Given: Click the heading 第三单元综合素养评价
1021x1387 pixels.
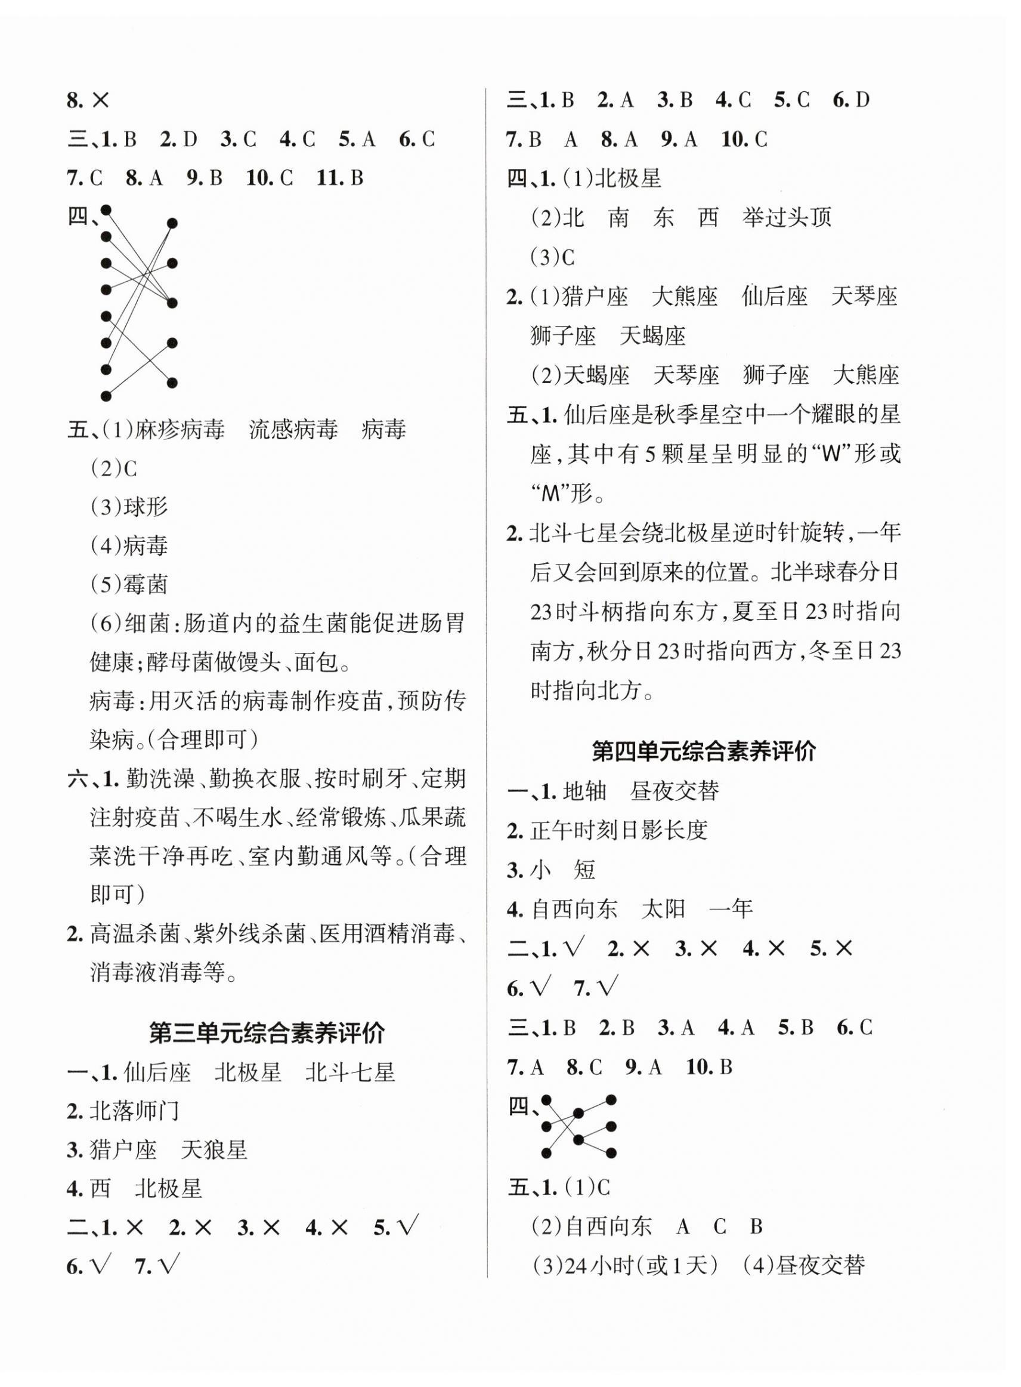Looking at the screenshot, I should click(x=267, y=1033).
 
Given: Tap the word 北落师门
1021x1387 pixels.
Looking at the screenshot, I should click(x=134, y=1111).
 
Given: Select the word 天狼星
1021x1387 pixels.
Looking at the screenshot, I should click(x=214, y=1149).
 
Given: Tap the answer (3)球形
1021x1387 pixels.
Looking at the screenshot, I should click(x=129, y=507).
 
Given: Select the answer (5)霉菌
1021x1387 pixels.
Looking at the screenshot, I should click(x=129, y=584).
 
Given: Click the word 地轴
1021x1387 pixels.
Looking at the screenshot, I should click(x=585, y=791).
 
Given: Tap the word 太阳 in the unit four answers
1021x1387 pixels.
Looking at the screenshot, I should click(x=664, y=908).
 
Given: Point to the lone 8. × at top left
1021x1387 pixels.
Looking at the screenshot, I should click(x=88, y=100).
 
